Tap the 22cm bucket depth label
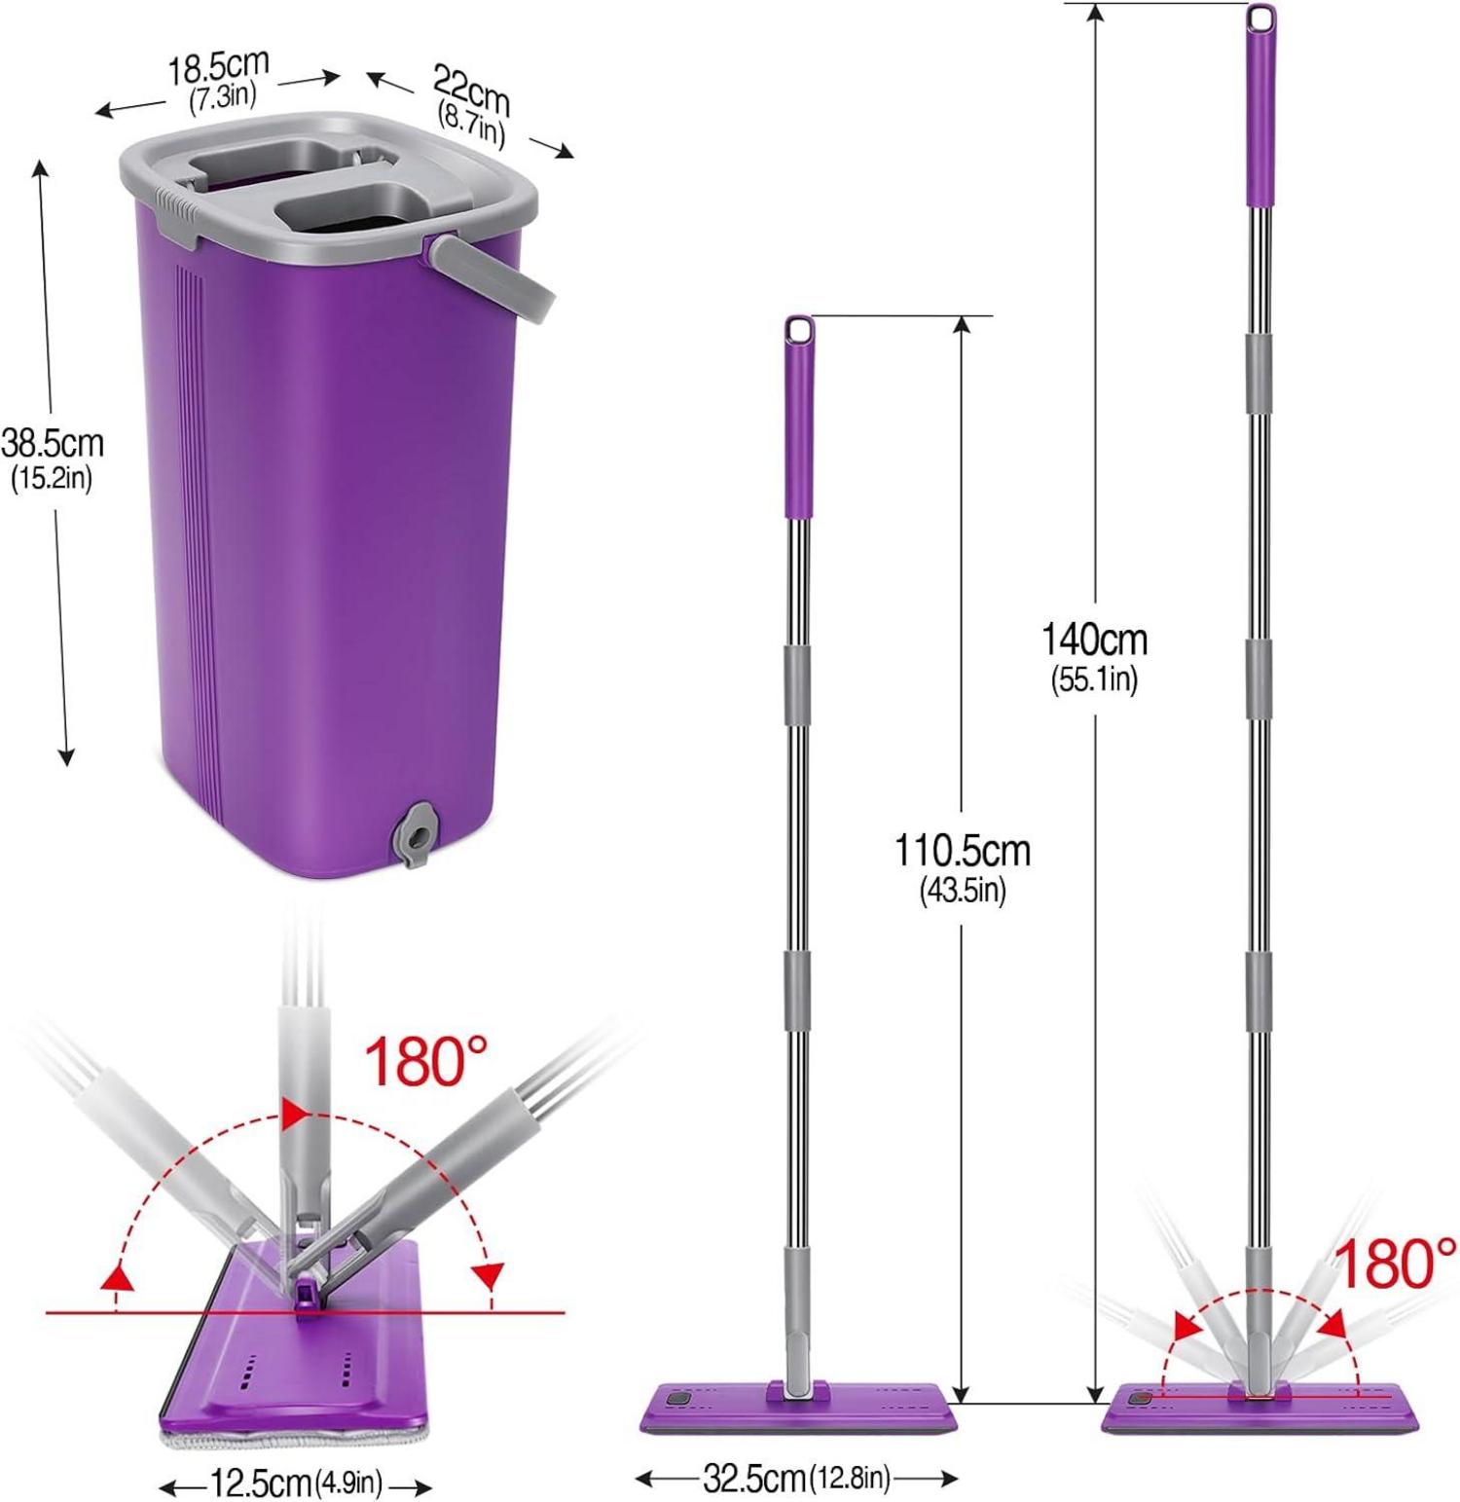coord(471,96)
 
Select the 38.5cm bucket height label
coord(52,444)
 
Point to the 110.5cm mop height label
coord(963,851)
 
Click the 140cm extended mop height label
coord(1095,640)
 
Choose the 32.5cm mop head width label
coord(754,1479)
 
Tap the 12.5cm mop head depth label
coord(261,1484)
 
